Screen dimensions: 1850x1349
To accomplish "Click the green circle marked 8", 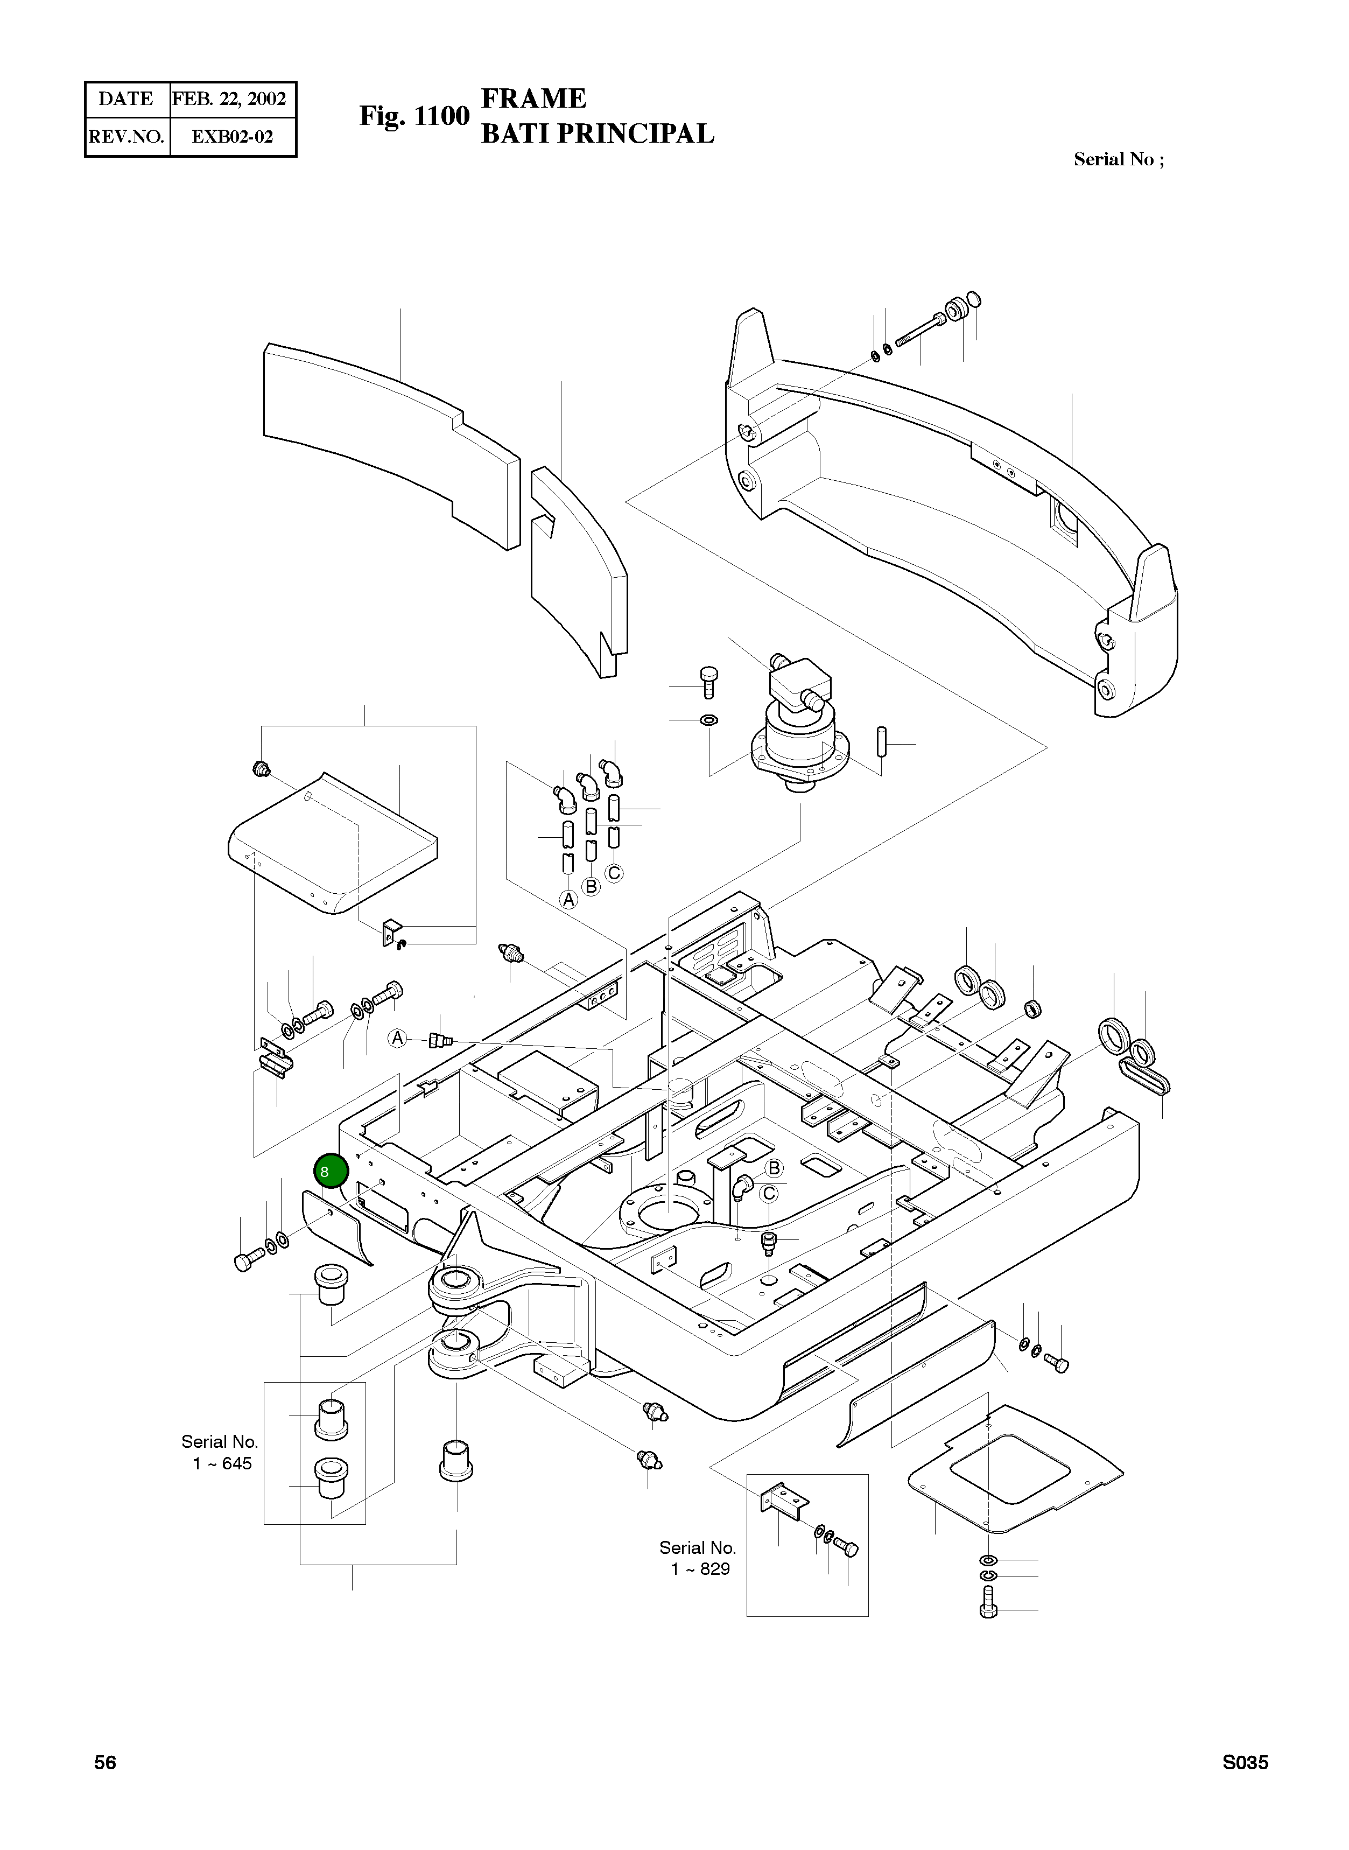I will pyautogui.click(x=331, y=1171).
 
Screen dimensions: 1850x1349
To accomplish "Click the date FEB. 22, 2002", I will pyautogui.click(x=229, y=100).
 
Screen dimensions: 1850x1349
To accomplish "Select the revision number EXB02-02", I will pyautogui.click(x=232, y=136).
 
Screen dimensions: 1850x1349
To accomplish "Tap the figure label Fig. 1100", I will pyautogui.click(x=414, y=116).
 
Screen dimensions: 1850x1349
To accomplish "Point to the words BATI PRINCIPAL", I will pyautogui.click(x=597, y=133).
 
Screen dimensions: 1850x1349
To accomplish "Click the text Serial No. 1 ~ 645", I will pyautogui.click(x=220, y=1452).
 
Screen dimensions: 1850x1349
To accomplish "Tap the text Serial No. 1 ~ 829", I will pyautogui.click(x=698, y=1558).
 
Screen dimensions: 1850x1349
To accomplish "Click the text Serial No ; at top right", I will pyautogui.click(x=1119, y=159).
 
